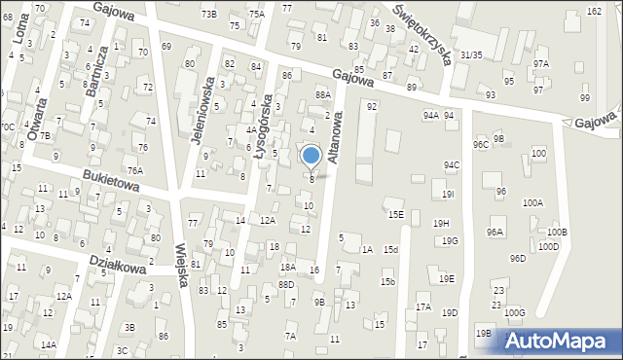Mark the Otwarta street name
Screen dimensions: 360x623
(38, 122)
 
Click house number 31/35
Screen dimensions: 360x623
(471, 55)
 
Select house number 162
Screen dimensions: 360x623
(594, 11)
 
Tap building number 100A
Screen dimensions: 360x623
(532, 203)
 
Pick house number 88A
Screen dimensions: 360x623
(323, 94)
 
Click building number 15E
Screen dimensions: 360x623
(395, 215)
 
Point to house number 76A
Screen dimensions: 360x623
(134, 170)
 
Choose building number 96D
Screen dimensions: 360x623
(518, 258)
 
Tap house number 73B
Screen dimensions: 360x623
(208, 14)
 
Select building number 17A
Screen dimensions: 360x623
(423, 307)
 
